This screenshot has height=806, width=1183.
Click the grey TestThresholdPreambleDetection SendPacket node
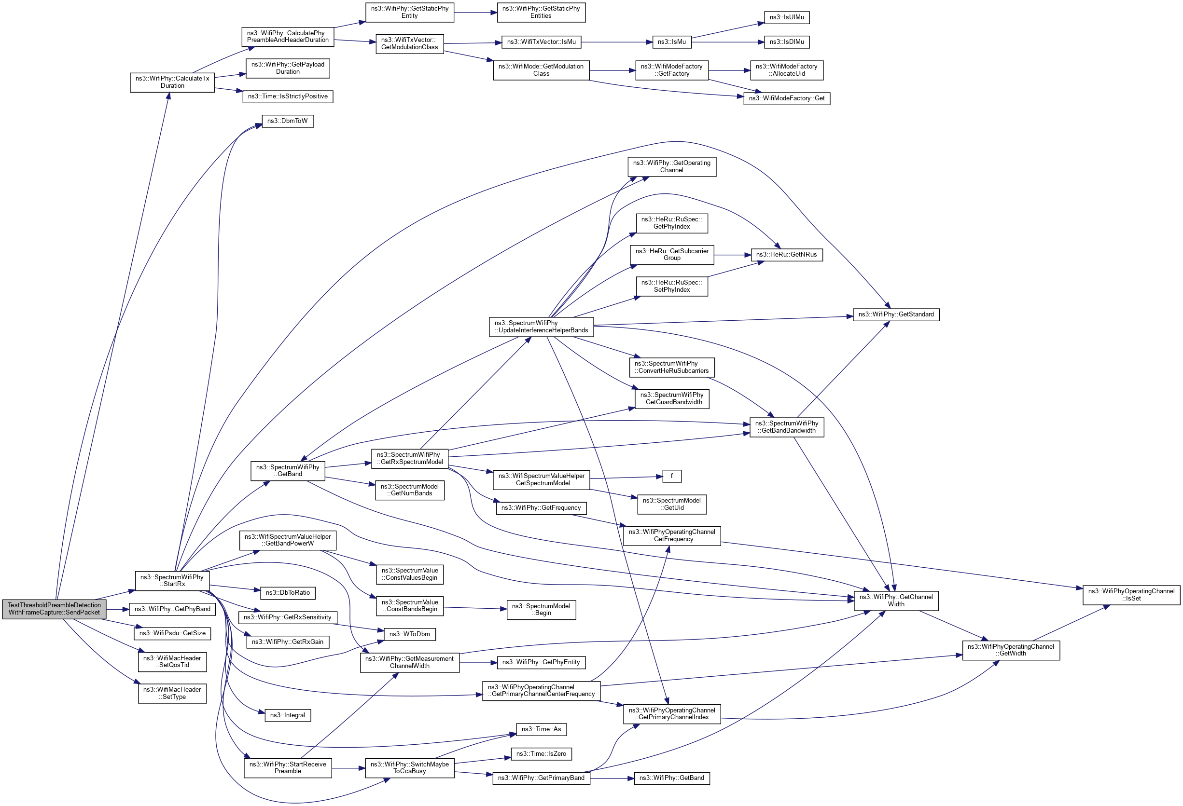[54, 609]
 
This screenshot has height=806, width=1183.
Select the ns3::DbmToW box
[288, 121]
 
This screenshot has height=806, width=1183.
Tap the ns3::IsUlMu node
[786, 17]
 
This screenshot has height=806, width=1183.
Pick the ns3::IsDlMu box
[786, 42]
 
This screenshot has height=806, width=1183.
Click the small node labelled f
[671, 476]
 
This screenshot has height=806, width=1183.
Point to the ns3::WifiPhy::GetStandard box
[896, 314]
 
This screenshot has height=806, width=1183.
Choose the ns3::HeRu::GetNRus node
[786, 254]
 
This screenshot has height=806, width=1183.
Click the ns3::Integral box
[288, 715]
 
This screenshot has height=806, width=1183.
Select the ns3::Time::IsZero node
[541, 753]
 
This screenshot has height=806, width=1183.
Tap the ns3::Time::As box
[541, 729]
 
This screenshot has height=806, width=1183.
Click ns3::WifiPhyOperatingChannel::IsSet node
[1131, 595]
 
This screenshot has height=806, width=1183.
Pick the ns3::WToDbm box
[409, 634]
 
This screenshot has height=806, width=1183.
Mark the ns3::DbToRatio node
[288, 593]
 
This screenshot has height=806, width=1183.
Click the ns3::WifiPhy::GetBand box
[671, 778]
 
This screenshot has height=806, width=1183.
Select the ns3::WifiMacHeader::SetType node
[172, 693]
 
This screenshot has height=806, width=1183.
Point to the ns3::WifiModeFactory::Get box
[786, 98]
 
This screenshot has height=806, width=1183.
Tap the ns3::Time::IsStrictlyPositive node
[288, 96]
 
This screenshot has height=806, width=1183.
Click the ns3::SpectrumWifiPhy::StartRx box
[172, 581]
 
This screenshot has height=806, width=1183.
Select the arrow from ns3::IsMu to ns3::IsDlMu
[727, 42]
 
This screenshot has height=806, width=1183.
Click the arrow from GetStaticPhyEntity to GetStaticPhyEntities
[475, 12]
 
